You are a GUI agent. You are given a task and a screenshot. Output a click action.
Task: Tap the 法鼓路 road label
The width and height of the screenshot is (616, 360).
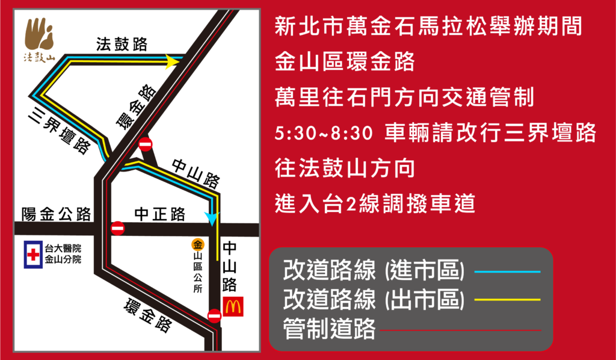tap(122, 45)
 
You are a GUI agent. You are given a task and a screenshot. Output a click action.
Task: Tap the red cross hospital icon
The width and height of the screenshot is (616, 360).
tap(33, 255)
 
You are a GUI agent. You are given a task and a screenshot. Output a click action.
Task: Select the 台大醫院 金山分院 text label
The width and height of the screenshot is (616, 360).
tap(63, 254)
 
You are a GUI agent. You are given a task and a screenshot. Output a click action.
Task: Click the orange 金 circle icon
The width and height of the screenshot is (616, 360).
tap(197, 244)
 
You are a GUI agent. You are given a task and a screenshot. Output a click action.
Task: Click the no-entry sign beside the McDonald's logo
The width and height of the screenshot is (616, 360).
tap(214, 315)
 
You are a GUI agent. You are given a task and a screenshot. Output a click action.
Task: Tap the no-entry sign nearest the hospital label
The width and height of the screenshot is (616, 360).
tap(118, 229)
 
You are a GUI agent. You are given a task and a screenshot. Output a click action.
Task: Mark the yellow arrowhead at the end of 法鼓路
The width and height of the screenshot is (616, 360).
tap(172, 61)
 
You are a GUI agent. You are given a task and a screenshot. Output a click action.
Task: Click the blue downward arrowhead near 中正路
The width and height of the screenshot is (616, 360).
tap(211, 218)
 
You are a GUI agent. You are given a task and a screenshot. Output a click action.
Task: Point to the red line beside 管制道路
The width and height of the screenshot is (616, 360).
tap(460, 330)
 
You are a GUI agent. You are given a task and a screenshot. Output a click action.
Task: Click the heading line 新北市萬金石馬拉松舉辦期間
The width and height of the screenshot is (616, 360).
tap(427, 27)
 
